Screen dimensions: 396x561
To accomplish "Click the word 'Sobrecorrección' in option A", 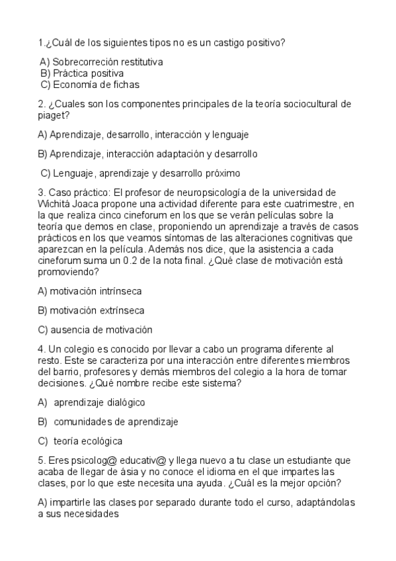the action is tap(86, 62).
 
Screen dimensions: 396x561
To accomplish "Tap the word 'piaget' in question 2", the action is tap(52, 115).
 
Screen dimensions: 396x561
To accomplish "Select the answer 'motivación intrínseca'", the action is tap(89, 290).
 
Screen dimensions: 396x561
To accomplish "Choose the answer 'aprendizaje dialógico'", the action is tap(99, 402).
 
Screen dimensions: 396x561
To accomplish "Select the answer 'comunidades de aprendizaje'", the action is tap(116, 421).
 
